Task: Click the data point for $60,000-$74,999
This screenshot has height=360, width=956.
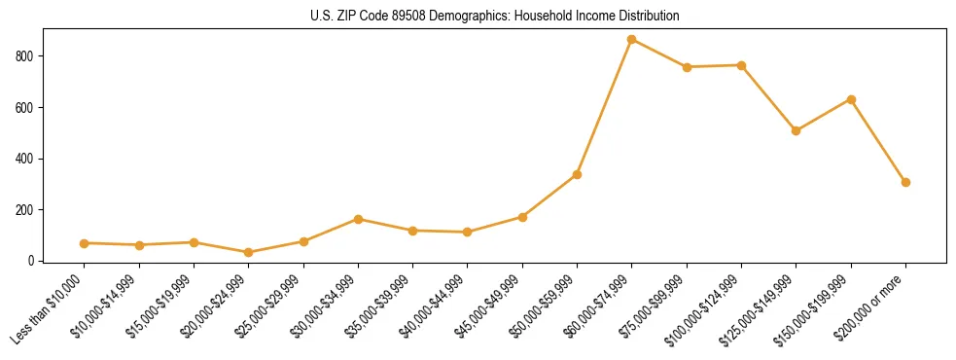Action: [x=632, y=40]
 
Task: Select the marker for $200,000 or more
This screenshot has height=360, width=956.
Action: [x=905, y=182]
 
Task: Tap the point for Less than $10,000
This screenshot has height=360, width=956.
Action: [x=85, y=243]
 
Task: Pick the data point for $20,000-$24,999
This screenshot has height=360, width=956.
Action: [x=249, y=252]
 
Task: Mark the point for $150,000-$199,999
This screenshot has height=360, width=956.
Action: [x=851, y=99]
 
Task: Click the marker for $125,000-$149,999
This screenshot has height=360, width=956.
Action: [x=797, y=130]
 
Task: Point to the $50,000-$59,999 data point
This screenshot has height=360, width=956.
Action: [x=577, y=174]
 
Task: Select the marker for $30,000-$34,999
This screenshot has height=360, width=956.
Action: [x=358, y=219]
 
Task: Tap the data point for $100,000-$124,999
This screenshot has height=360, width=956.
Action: [x=741, y=65]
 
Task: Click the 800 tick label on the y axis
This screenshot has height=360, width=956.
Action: [x=26, y=56]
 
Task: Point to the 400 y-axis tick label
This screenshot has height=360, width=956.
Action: [x=26, y=159]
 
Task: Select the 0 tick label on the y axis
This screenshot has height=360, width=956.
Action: [x=32, y=261]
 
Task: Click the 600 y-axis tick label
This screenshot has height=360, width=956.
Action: [x=26, y=107]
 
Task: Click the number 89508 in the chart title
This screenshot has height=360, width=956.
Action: [x=384, y=17]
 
